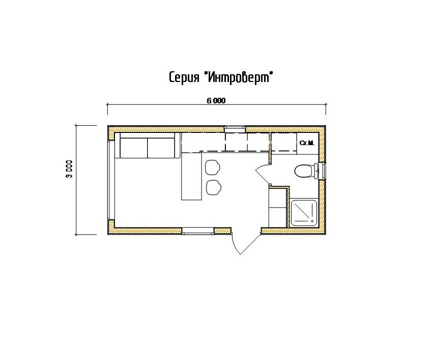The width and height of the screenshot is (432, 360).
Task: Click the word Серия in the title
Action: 184,78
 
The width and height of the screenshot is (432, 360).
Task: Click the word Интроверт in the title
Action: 239,77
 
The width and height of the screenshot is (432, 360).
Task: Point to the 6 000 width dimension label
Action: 216,101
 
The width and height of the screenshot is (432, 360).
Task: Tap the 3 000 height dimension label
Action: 69,169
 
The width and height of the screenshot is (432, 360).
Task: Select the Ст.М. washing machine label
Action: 307,143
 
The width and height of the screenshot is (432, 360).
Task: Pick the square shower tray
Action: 304,212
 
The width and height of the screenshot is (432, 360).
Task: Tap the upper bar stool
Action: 212,167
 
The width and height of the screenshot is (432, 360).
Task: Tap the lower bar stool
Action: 214,188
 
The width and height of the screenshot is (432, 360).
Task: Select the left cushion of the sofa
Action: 134,148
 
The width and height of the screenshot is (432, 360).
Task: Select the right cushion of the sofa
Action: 161,148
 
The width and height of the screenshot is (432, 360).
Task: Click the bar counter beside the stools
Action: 191,176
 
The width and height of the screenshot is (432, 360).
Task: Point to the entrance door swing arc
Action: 235,245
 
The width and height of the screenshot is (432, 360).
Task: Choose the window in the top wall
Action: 235,128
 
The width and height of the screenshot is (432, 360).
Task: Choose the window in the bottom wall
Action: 198,231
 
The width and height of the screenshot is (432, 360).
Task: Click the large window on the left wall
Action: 111,180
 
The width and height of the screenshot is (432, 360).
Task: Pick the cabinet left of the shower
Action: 278,207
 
